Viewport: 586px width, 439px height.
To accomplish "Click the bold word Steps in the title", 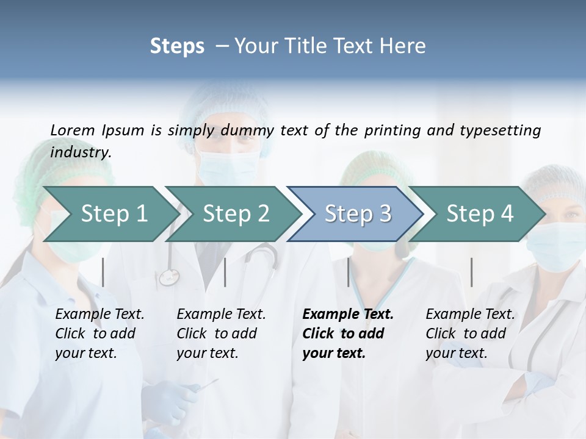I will [177, 46].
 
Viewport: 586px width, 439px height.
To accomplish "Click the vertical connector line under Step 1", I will [103, 272].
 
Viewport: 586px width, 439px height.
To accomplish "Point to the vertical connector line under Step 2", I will [225, 272].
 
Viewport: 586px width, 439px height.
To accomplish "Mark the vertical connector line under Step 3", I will [349, 272].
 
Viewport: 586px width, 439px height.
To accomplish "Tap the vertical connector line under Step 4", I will [471, 272].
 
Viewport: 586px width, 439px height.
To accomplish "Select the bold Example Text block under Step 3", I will [348, 334].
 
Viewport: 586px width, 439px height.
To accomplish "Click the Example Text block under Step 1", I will [99, 334].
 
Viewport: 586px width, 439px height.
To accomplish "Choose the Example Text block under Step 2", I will [221, 334].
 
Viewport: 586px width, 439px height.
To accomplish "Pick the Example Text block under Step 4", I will [470, 334].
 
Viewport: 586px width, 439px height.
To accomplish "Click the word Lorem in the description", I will [72, 130].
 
